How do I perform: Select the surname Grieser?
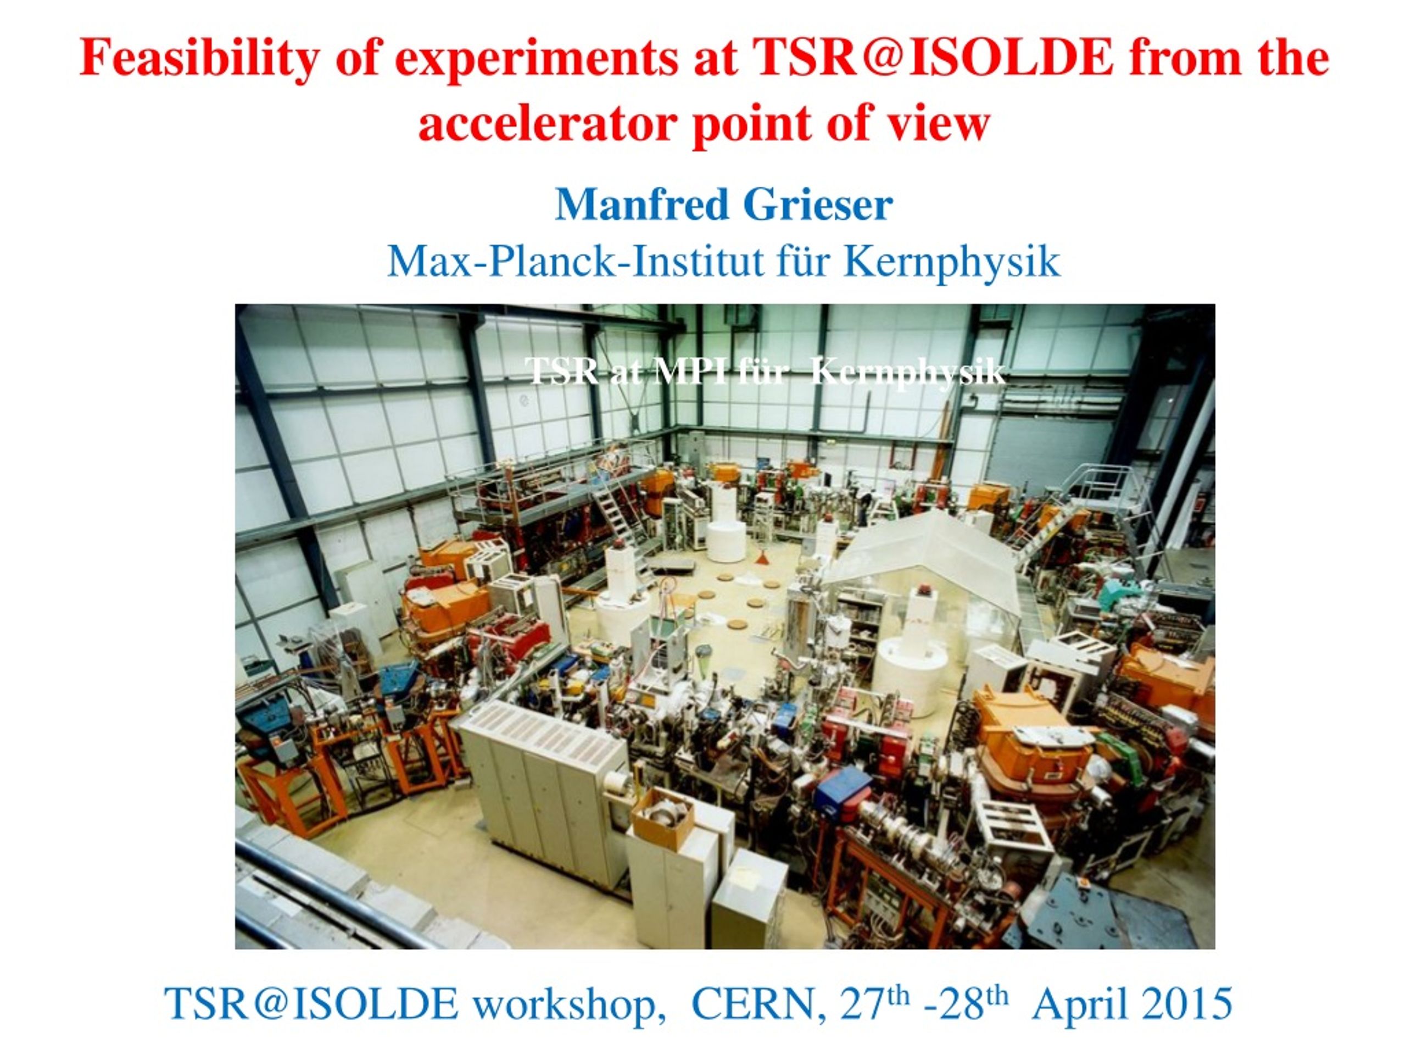coord(817,205)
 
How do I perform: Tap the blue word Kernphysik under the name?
coord(952,262)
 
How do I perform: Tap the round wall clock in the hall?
coord(523,400)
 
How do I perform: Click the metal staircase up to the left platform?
coord(613,509)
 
